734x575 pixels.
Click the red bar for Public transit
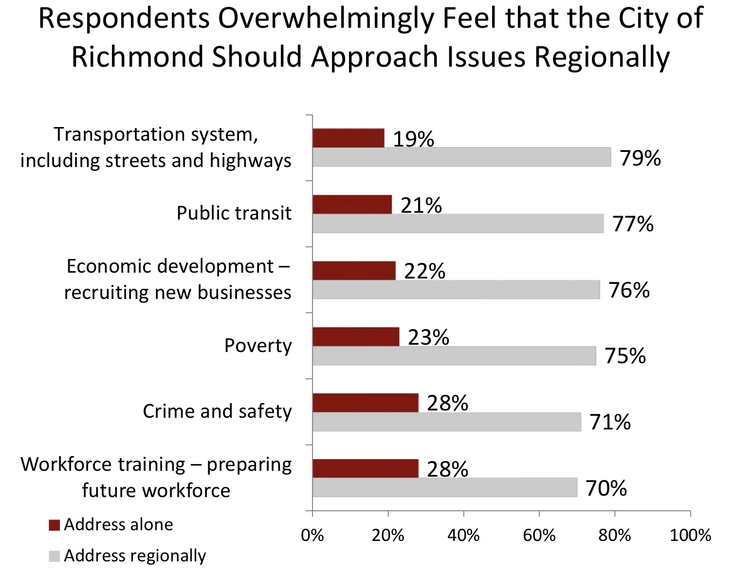(x=352, y=204)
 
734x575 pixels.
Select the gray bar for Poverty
(x=454, y=356)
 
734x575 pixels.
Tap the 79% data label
(x=640, y=158)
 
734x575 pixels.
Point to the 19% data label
(x=413, y=139)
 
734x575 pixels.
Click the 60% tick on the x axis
(x=539, y=535)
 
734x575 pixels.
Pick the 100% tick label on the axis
(x=690, y=535)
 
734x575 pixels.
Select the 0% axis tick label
(x=312, y=535)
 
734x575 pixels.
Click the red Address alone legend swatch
(x=55, y=525)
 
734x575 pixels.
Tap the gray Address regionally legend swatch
(x=55, y=556)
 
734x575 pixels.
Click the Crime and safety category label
(x=217, y=411)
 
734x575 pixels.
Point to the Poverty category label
(x=258, y=346)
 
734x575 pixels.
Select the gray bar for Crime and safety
(x=447, y=422)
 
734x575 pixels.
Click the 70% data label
(x=606, y=488)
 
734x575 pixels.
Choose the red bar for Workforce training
(x=365, y=468)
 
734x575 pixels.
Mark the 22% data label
(x=424, y=271)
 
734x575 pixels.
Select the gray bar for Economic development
(x=456, y=290)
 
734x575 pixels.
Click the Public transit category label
(x=234, y=213)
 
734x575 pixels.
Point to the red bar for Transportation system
(x=348, y=138)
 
